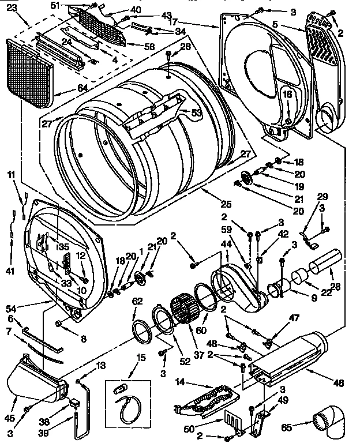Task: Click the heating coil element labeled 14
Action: click(208, 399)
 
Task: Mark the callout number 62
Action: click(137, 301)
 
